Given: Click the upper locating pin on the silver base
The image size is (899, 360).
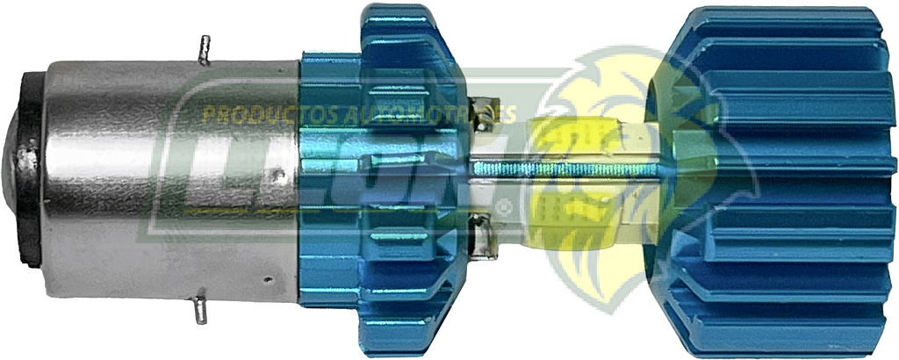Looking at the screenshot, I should pos(205,50).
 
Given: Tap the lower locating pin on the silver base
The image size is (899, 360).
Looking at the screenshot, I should pos(200,307).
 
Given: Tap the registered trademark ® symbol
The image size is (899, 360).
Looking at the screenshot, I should pos(506,208).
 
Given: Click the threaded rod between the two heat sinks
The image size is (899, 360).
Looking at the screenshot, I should pos(562,169).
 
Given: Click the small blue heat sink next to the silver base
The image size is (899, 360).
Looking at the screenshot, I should pos(386,176).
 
